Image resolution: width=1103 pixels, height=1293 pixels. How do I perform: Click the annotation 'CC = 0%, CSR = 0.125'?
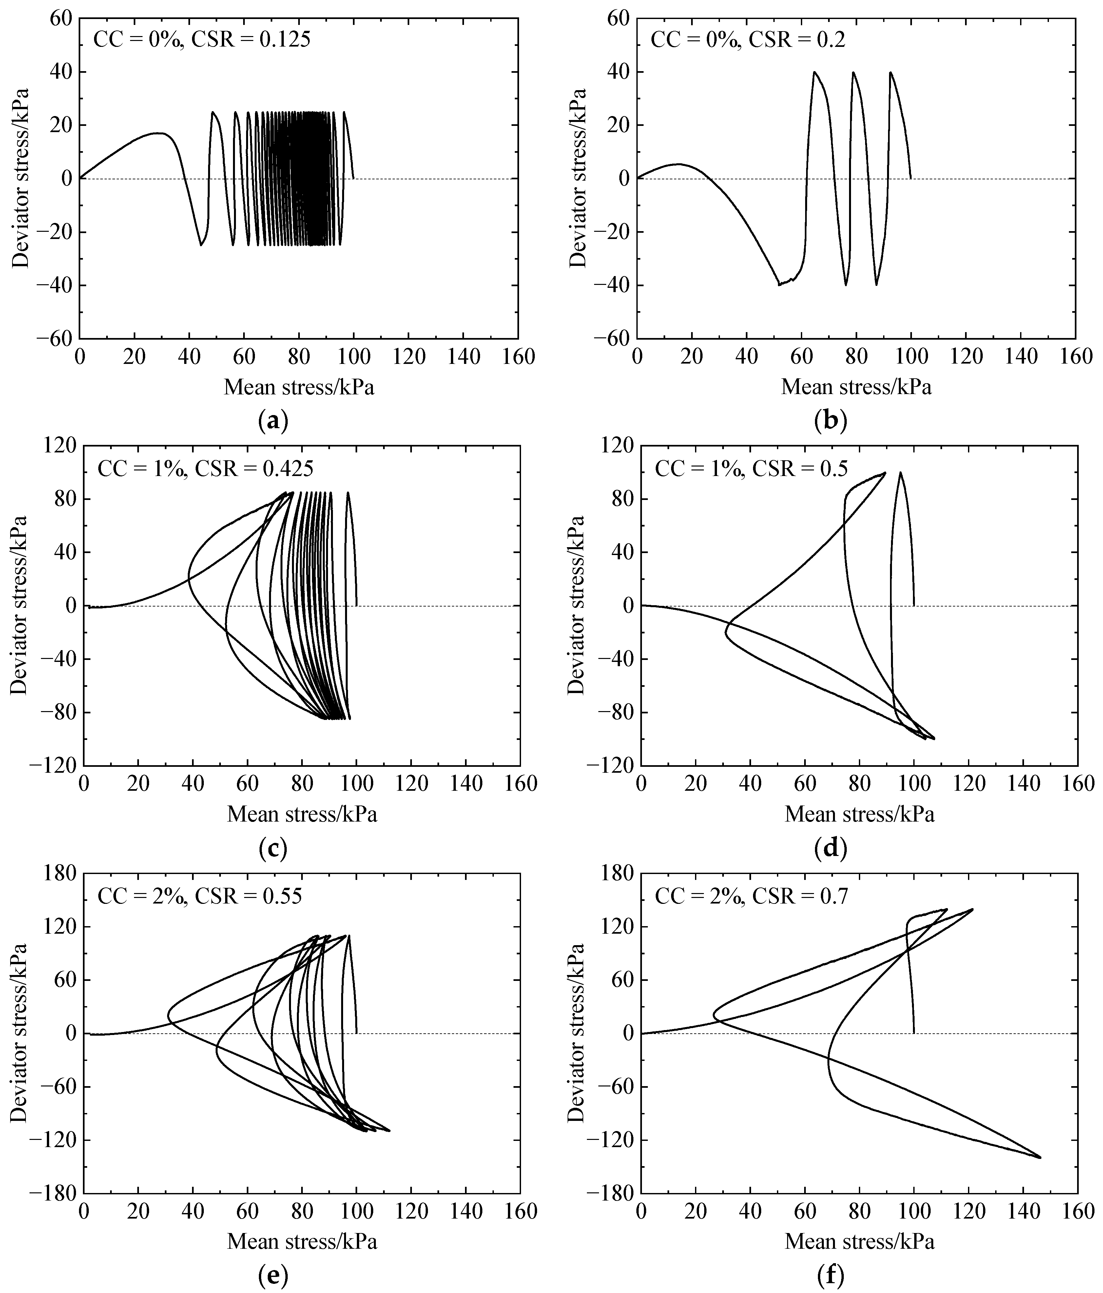tap(202, 40)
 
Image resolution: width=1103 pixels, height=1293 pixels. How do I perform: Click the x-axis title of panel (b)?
tap(856, 387)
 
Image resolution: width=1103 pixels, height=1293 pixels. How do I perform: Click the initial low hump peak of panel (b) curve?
tap(679, 164)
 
